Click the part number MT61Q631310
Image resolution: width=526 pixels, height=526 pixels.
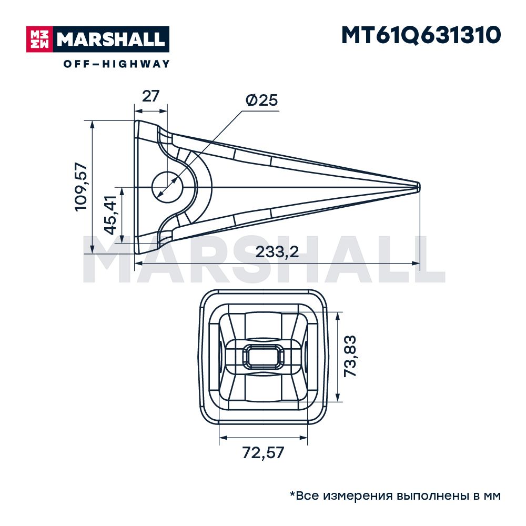[x=421, y=35]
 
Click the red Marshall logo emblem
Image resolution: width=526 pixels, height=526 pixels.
[x=39, y=39]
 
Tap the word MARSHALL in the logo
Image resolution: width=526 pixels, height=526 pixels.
[x=111, y=39]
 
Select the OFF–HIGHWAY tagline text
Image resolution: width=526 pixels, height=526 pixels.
[x=117, y=64]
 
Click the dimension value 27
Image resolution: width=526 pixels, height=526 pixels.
[x=150, y=96]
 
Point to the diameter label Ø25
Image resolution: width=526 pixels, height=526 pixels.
[x=262, y=100]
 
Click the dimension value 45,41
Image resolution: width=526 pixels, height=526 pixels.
[x=110, y=215]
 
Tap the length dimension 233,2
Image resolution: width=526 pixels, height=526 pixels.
[x=277, y=251]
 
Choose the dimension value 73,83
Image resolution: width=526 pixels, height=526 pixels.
[x=350, y=356]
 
